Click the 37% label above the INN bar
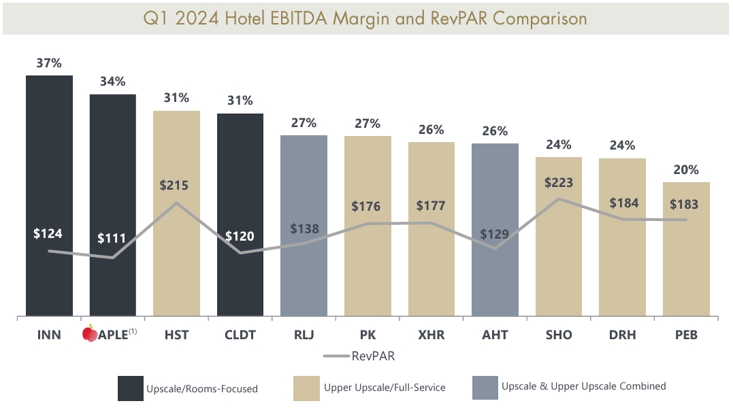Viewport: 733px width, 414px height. (49, 63)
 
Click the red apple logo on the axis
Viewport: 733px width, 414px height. (89, 334)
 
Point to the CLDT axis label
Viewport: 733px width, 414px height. (240, 335)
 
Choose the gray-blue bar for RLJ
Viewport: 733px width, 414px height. (304, 279)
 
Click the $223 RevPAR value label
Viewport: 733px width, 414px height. (559, 182)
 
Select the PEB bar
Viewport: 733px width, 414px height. (686, 272)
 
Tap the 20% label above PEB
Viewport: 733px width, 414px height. (686, 170)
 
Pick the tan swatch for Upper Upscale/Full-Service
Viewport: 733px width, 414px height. (306, 387)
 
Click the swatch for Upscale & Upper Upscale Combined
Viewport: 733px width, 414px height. (484, 387)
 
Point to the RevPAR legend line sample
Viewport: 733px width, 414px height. (336, 356)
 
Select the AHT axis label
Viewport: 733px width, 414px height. (495, 335)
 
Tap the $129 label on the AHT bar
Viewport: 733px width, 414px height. (495, 235)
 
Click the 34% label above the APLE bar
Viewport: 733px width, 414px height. (112, 82)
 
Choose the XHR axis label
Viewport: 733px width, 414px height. (431, 335)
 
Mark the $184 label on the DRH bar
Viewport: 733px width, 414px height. (623, 203)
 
